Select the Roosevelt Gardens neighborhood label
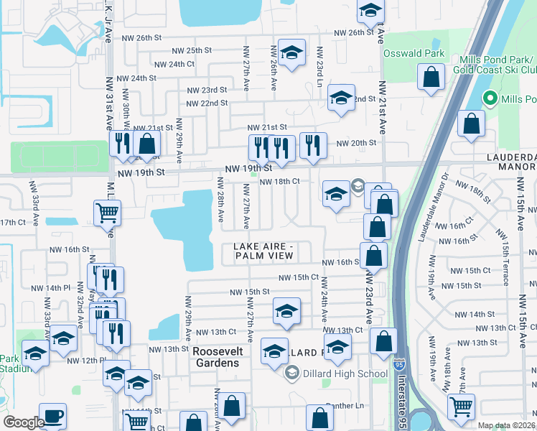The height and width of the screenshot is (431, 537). [x=217, y=356]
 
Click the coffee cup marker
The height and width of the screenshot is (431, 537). [x=52, y=417]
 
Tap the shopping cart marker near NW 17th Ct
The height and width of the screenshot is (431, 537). [x=107, y=212]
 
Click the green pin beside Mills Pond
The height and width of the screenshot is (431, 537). [x=490, y=98]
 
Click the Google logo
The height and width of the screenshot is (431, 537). [x=24, y=422]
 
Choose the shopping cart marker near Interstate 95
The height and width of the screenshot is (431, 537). [x=461, y=407]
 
